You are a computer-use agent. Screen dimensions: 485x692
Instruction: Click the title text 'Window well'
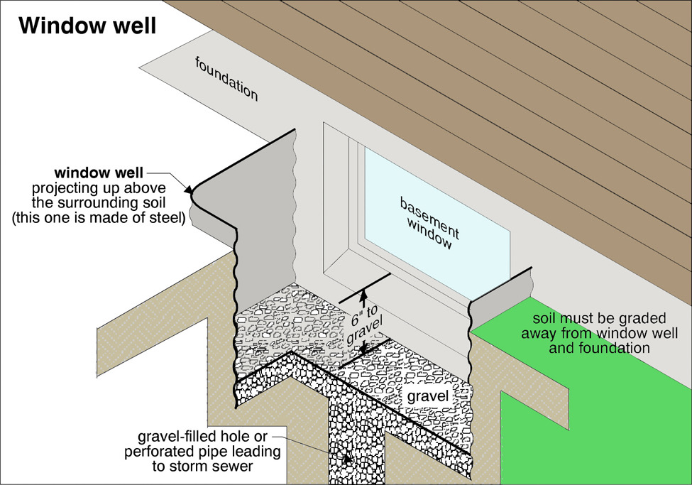coord(87,27)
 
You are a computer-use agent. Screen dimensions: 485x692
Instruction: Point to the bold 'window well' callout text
coord(100,173)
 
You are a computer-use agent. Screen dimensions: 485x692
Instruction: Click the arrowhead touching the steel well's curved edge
coord(190,190)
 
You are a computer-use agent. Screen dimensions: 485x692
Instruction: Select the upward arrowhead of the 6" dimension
coord(363,294)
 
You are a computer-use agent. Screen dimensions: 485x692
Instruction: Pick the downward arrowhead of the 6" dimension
coord(363,347)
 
